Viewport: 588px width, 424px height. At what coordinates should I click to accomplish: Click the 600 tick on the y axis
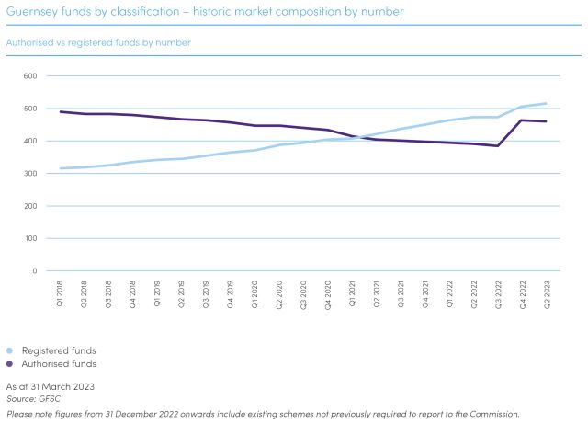click(x=29, y=75)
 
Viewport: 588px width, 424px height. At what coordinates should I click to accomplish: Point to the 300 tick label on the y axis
click(x=29, y=173)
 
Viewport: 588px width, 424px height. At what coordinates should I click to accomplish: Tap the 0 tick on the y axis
click(x=34, y=270)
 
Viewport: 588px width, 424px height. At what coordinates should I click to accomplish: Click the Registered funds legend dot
click(x=10, y=350)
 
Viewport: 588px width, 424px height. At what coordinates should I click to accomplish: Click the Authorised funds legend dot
click(x=10, y=363)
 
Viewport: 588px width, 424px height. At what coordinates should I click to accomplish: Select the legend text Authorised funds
click(x=59, y=363)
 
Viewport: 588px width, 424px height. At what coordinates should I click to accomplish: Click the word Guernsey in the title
click(x=28, y=11)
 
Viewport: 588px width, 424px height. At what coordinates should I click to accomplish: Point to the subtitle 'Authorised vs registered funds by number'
click(x=98, y=42)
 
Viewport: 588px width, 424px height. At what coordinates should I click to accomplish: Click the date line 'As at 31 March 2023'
click(x=51, y=386)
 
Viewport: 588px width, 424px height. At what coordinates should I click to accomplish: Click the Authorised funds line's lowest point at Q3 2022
click(x=498, y=145)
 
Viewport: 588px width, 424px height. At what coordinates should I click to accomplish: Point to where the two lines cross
click(x=362, y=138)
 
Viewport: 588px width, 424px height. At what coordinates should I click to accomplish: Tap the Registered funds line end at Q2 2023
click(x=546, y=103)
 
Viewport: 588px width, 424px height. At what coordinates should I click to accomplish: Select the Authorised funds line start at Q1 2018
click(x=62, y=111)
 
